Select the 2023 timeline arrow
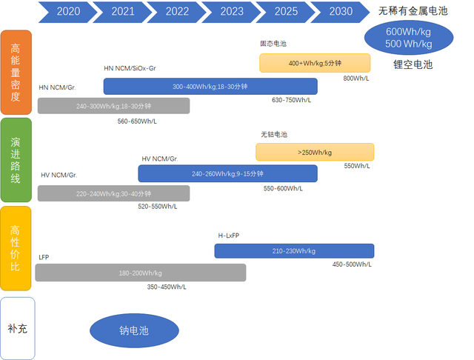(x=232, y=11)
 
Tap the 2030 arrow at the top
(x=341, y=11)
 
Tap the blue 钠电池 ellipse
(x=134, y=330)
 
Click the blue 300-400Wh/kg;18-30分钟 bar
(x=210, y=87)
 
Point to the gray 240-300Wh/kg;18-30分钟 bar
(x=113, y=106)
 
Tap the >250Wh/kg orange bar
(x=315, y=153)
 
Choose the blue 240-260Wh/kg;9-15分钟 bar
(x=227, y=173)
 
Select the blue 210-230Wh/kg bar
(x=294, y=251)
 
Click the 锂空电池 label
(x=412, y=65)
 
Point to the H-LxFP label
(x=228, y=236)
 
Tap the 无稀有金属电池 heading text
(x=413, y=11)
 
